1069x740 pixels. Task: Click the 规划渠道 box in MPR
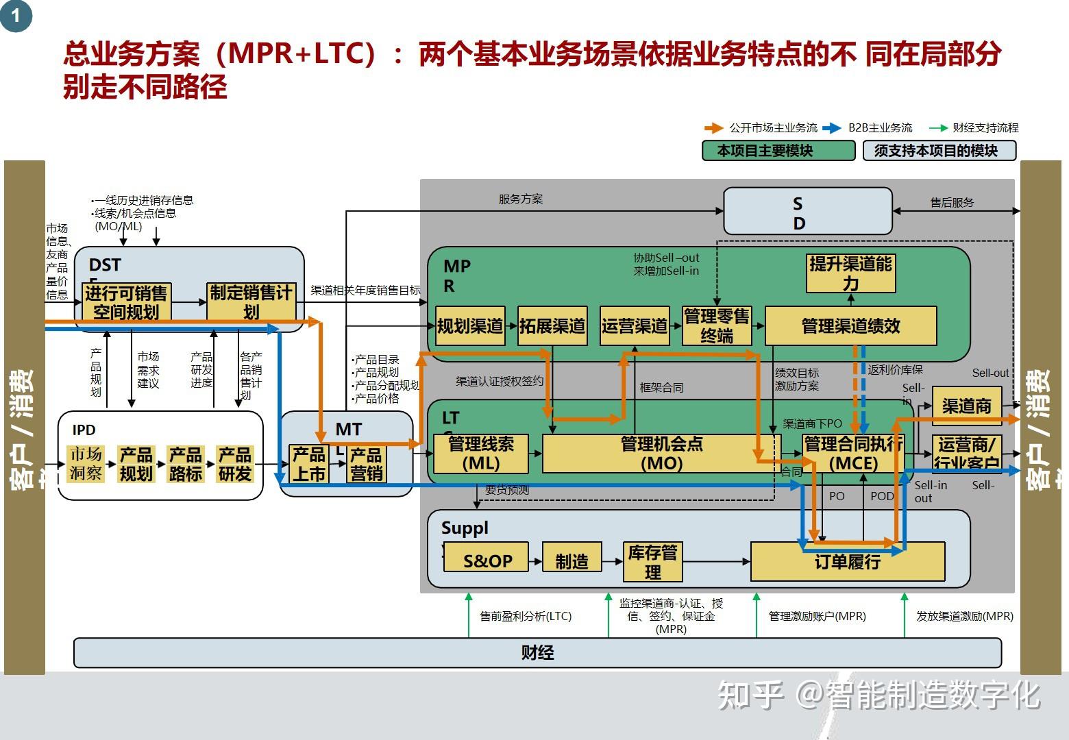coord(470,325)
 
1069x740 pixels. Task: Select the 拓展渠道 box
coord(552,325)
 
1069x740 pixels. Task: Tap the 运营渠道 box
coord(635,325)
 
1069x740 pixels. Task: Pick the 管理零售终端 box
coord(717,325)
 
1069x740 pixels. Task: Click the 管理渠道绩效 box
coord(850,325)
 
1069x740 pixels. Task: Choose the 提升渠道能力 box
coord(850,273)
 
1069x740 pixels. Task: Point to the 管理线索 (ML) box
coord(481,454)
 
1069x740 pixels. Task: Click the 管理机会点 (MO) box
coord(661,454)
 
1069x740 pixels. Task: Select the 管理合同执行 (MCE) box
coord(853,454)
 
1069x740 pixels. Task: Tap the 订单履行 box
coord(848,562)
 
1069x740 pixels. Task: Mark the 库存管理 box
coord(653,561)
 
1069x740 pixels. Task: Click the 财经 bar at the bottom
coord(537,652)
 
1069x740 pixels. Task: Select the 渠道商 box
coord(966,406)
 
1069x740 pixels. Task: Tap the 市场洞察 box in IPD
coord(86,464)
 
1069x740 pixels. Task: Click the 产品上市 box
coord(309,464)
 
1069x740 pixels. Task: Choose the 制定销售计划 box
coord(251,301)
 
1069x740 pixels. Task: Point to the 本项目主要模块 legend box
coord(778,151)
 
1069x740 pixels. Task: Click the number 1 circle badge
coord(16,15)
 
